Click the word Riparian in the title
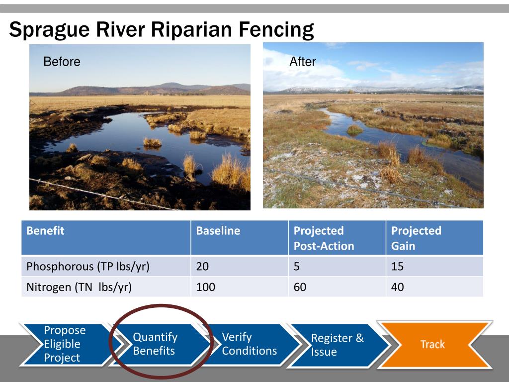[x=192, y=29]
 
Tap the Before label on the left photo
[x=62, y=61]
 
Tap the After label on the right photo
[x=303, y=61]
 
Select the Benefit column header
[x=45, y=231]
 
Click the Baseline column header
[x=218, y=231]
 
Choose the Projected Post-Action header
[x=324, y=238]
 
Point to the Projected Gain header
[x=416, y=238]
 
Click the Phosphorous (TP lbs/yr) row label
[x=88, y=267]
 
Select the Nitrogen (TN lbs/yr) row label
[x=79, y=287]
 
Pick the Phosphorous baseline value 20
[x=202, y=267]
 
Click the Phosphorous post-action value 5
[x=296, y=267]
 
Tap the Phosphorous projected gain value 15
[x=397, y=267]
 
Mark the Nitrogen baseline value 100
[x=205, y=287]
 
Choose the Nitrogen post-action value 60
[x=300, y=287]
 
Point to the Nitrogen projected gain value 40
[x=397, y=287]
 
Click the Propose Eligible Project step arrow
[x=68, y=344]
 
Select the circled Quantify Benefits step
[x=159, y=344]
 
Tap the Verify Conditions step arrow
[x=250, y=344]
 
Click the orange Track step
[x=433, y=344]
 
